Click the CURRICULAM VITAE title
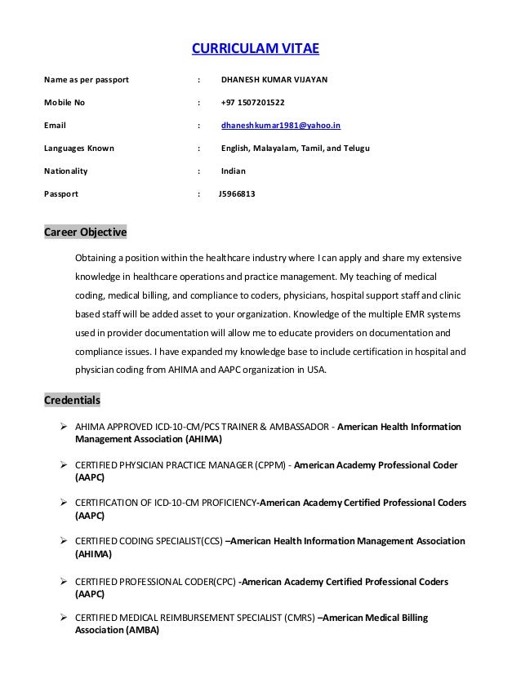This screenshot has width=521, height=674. [255, 49]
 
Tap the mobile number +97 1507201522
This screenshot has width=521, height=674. [253, 104]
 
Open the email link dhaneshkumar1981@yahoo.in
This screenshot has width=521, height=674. [281, 126]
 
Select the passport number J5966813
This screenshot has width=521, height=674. [237, 194]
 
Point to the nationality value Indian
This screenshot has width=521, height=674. [233, 171]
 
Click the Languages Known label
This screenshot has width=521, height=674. [78, 149]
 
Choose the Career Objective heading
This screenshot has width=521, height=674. [85, 233]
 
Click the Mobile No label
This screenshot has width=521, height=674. [69, 104]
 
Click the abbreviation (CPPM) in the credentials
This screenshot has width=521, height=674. [268, 465]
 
